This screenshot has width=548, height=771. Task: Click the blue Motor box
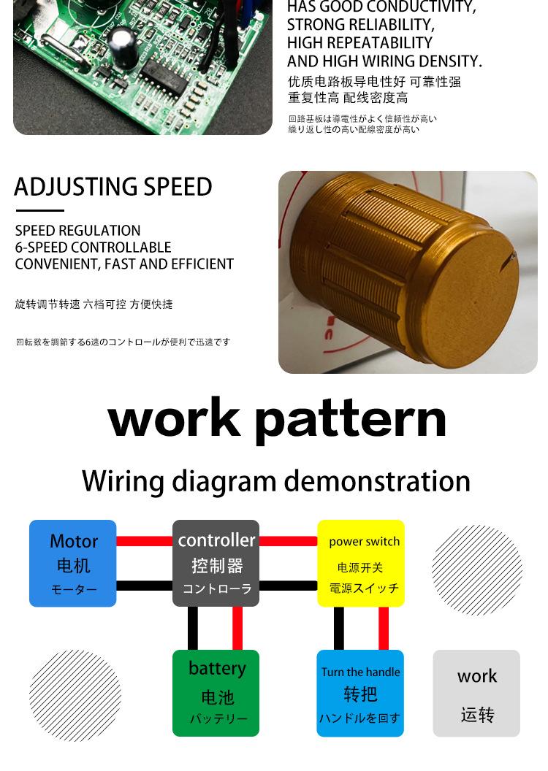click(72, 563)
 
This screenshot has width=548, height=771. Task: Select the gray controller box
click(216, 563)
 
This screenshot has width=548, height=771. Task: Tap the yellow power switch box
click(361, 563)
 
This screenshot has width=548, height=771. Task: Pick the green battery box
click(216, 693)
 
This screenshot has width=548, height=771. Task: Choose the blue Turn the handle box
click(360, 693)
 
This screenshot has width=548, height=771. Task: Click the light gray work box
click(476, 693)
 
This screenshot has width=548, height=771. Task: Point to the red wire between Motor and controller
click(144, 542)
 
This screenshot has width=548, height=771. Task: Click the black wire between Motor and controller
click(144, 586)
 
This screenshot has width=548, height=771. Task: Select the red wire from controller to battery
click(237, 628)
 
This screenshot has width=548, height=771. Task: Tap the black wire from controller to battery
click(193, 628)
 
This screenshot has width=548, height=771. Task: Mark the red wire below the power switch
click(384, 628)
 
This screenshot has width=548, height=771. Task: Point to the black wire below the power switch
click(339, 628)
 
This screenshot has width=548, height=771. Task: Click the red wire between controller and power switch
click(288, 542)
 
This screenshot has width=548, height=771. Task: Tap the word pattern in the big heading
click(351, 420)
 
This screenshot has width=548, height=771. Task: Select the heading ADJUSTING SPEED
click(113, 188)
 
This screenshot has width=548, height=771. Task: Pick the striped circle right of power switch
click(476, 569)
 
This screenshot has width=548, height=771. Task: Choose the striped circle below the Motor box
click(75, 695)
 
